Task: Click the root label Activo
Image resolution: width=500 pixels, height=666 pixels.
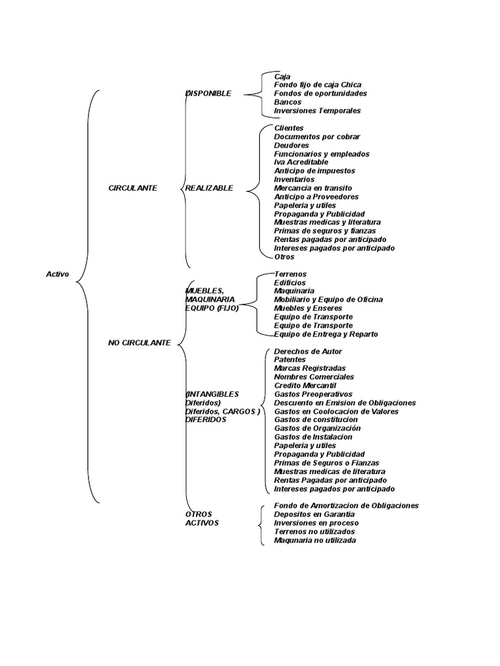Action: [57, 274]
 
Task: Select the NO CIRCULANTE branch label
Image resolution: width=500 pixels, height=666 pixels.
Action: [139, 342]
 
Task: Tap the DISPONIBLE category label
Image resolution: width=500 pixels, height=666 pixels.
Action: [208, 94]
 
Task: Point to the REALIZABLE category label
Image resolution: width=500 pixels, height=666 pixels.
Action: [209, 188]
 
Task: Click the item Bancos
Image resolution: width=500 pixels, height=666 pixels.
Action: [288, 102]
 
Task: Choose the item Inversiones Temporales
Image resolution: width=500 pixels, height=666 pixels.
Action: [317, 111]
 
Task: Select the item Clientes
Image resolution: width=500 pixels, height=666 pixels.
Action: [289, 128]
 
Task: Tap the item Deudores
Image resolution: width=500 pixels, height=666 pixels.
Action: [292, 145]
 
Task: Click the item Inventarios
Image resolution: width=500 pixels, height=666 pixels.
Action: [294, 180]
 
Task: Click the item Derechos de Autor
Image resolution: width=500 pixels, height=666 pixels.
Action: [308, 351]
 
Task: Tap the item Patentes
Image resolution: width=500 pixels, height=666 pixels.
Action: [290, 360]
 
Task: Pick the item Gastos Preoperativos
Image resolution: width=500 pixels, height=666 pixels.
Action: [313, 394]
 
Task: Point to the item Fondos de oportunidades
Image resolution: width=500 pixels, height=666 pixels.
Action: [320, 94]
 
